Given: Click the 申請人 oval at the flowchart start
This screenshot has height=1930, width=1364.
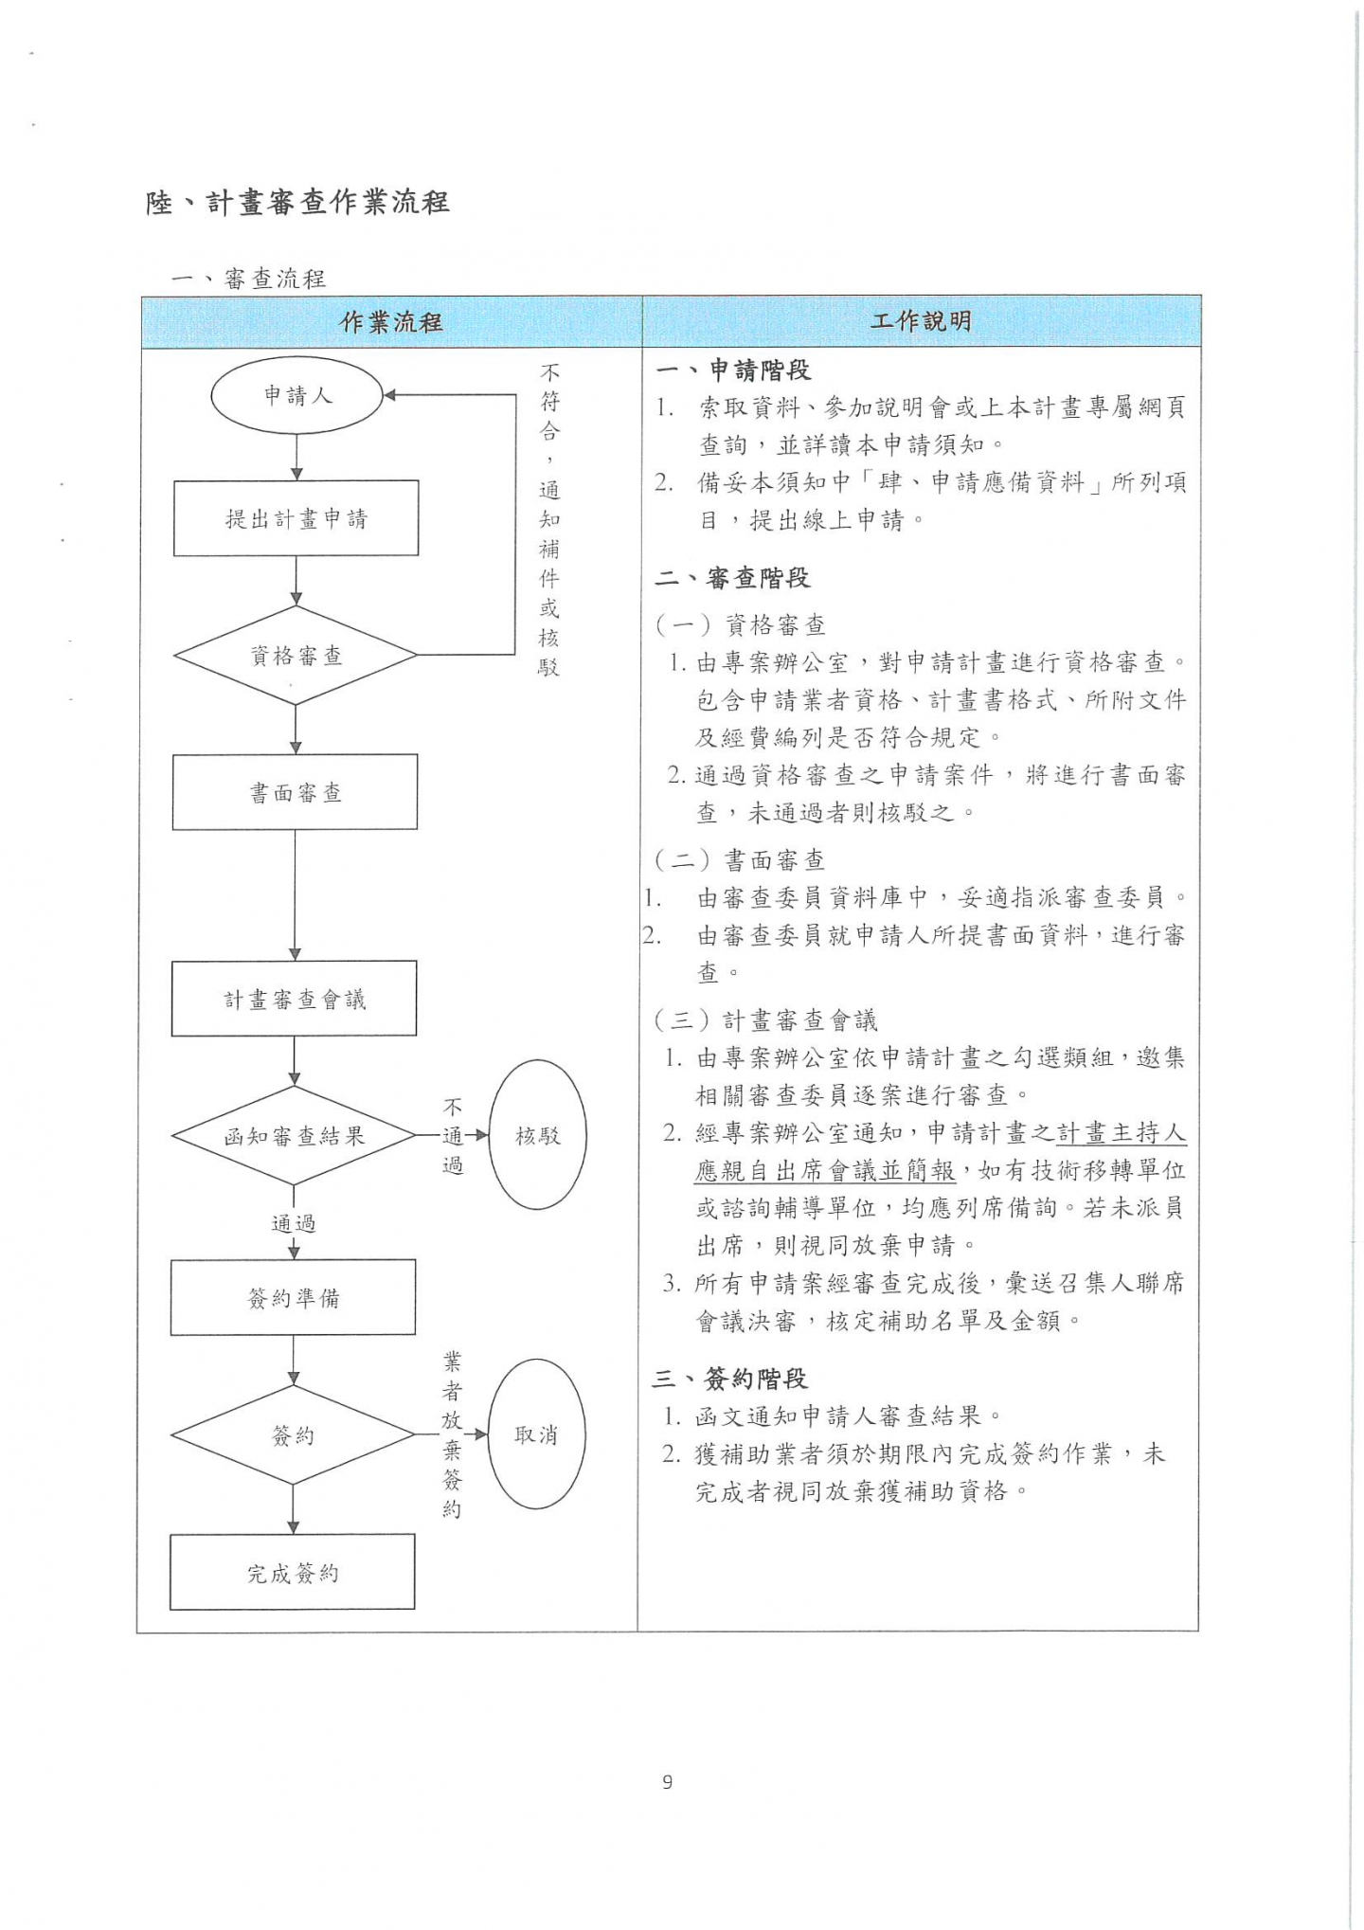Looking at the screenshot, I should click(296, 396).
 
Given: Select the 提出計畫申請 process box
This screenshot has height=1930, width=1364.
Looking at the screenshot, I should click(296, 518).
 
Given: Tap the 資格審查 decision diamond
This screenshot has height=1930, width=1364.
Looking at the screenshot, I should click(296, 656).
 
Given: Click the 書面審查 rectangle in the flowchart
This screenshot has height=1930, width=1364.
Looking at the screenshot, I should click(295, 792).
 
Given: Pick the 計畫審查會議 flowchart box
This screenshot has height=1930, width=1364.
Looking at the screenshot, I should click(294, 999).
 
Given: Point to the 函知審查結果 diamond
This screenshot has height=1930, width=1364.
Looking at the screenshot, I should click(294, 1135).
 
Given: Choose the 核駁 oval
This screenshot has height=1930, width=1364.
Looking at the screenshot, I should click(538, 1135).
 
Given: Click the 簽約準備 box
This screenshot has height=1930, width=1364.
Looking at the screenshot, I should click(293, 1297).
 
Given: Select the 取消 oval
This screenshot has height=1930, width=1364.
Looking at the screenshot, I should click(536, 1434).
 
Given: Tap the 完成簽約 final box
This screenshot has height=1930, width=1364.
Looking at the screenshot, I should click(293, 1573).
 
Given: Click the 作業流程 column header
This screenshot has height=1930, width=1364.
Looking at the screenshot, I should click(391, 322).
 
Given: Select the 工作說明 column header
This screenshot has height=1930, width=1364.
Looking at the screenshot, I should click(921, 321).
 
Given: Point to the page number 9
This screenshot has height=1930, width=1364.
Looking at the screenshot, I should click(668, 1782).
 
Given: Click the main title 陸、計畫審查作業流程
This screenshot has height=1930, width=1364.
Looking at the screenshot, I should click(297, 202).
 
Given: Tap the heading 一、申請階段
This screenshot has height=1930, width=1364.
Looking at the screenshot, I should click(733, 370).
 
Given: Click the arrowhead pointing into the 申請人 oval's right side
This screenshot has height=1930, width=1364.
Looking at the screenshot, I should click(389, 396).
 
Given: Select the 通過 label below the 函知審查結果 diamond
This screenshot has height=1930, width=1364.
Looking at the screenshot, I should click(294, 1223).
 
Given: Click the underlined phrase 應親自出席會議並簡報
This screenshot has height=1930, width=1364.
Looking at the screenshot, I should click(825, 1171).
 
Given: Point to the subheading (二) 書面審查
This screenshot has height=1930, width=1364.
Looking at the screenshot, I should click(739, 859).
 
